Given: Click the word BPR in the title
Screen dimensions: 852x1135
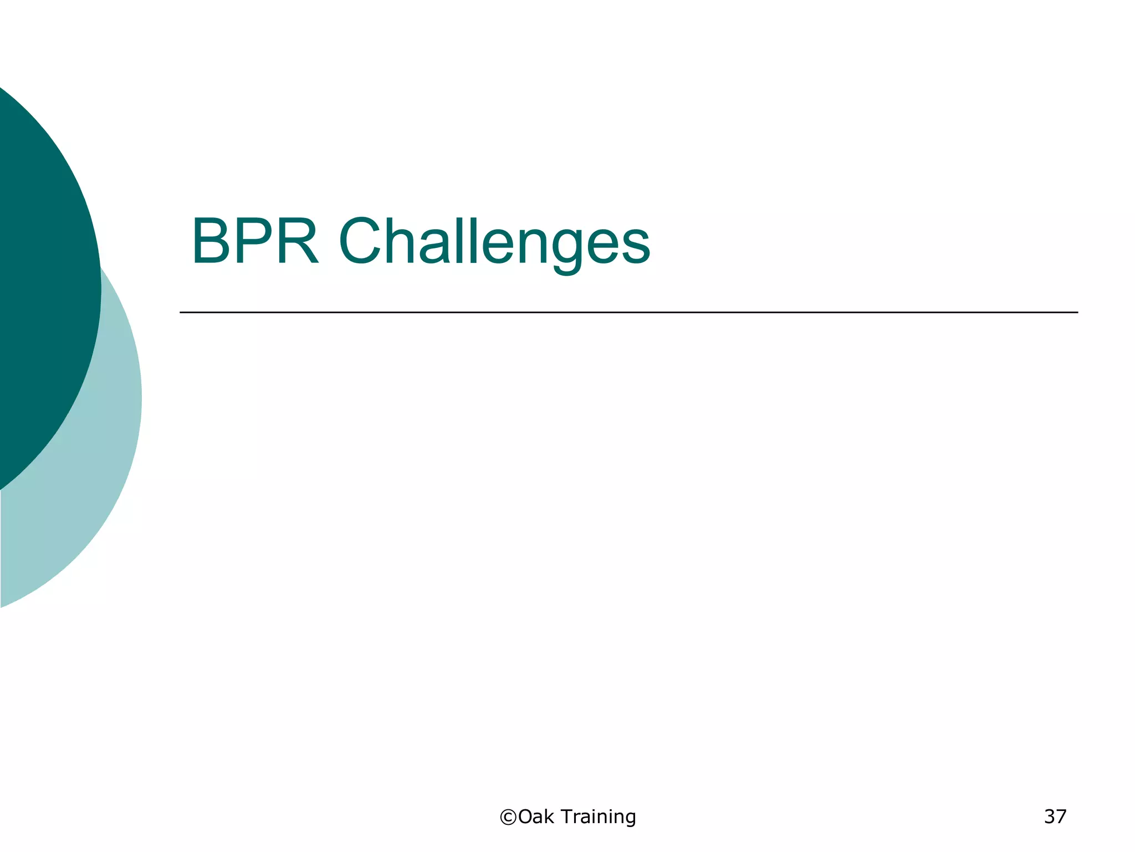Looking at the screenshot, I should point(255,242).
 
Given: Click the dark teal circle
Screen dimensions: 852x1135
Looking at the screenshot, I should point(39,277).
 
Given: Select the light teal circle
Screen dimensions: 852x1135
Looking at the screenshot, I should point(83,499).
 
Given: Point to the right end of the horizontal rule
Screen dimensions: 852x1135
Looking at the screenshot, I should point(1076,312).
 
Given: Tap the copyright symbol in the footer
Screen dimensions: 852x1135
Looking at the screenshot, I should point(508,817).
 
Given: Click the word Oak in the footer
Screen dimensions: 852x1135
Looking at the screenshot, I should point(536,816).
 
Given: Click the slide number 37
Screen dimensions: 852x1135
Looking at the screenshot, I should point(1055,816).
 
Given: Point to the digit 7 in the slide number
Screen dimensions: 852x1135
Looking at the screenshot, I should point(1061,816).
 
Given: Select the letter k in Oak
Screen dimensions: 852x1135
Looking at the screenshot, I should point(549,816).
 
